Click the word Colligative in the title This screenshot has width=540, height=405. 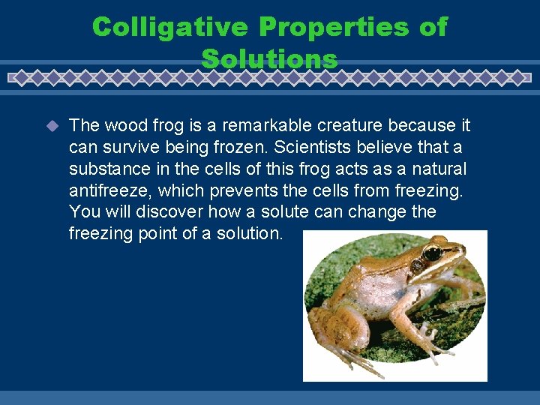pos(169,27)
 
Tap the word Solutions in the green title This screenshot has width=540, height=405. pos(270,58)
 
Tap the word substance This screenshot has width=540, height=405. pos(103,169)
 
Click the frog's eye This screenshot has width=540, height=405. pos(432,253)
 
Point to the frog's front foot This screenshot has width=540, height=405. pos(435,341)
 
